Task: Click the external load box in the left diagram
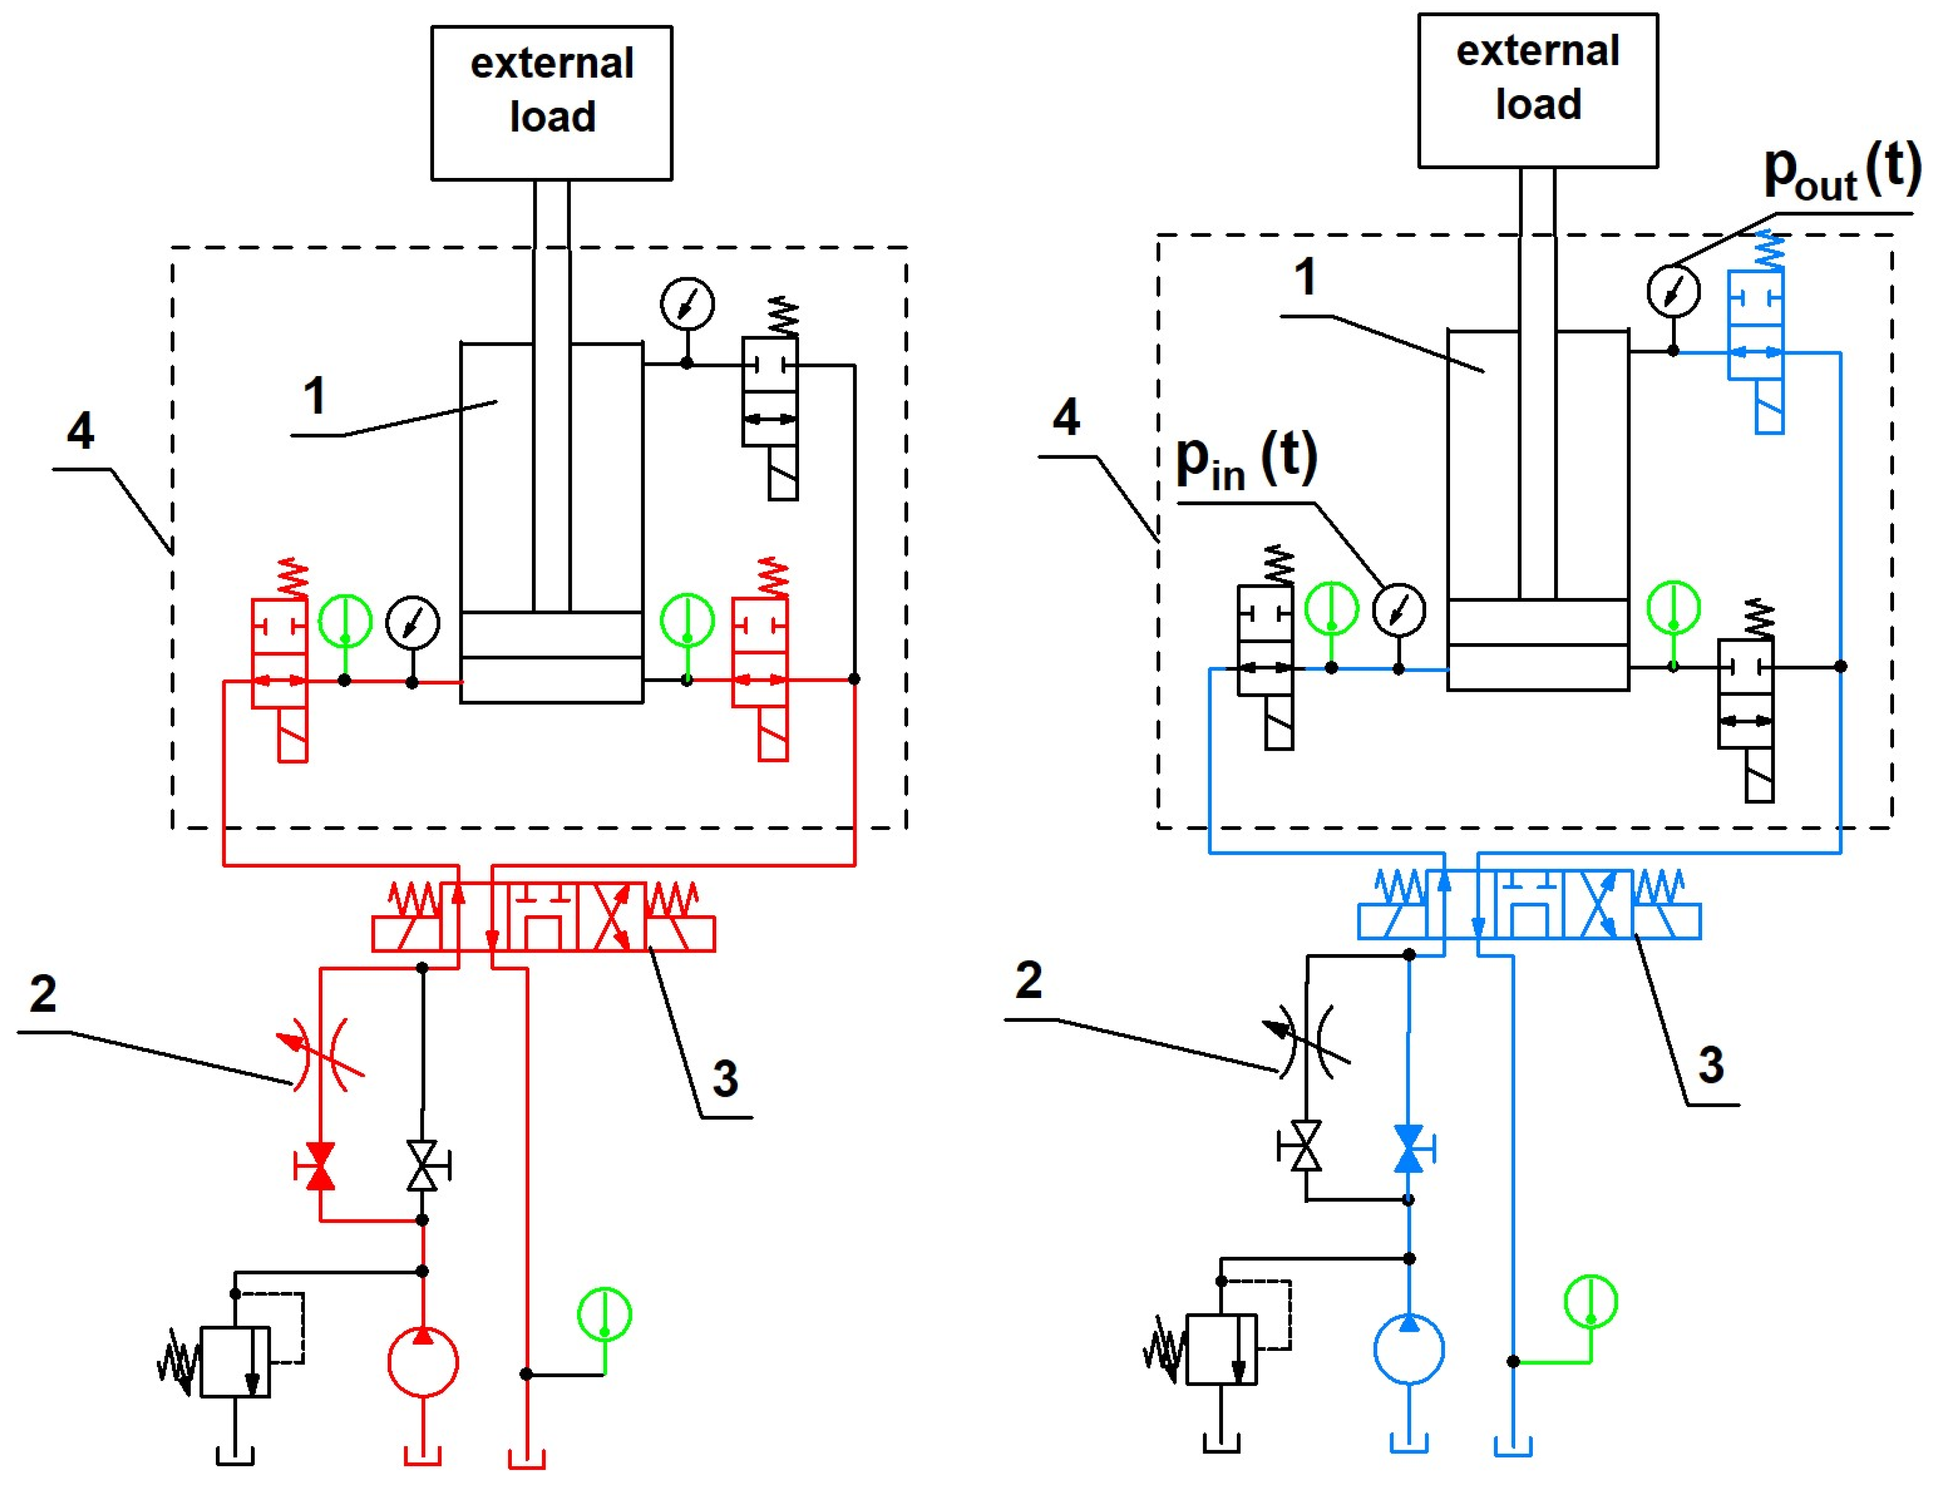coord(551,103)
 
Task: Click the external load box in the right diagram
coord(1538,91)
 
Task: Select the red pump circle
coord(423,1362)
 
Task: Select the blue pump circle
coord(1409,1349)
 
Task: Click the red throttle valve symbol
coord(321,1055)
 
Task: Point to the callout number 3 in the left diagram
coord(725,1079)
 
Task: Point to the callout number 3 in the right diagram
coord(1711,1064)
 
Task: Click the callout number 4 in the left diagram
coord(81,431)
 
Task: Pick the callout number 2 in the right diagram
coord(1028,979)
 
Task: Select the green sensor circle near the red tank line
coord(604,1315)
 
